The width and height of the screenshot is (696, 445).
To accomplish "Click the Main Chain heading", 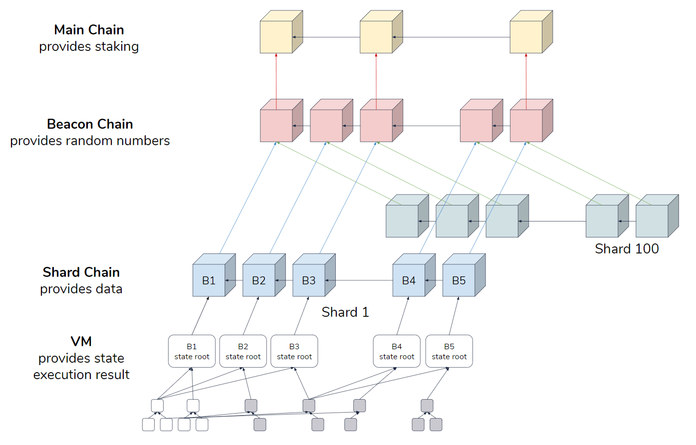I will [89, 30].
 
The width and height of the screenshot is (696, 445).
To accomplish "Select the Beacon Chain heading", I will [90, 124].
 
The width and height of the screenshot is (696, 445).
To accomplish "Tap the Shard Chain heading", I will [81, 272].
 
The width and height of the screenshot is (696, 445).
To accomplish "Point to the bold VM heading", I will [81, 341].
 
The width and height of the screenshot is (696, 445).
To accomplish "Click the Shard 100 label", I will [627, 248].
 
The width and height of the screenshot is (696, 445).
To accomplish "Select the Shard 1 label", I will [345, 312].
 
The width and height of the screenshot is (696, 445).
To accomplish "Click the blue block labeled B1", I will [209, 280].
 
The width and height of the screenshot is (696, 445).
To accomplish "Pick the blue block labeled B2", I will [259, 280].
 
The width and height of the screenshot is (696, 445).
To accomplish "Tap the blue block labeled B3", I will [309, 280].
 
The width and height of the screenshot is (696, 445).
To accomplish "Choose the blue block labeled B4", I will [409, 280].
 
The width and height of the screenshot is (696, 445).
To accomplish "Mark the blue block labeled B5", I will [459, 280].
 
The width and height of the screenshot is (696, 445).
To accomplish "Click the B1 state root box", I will [192, 351].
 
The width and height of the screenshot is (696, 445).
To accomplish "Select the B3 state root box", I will [294, 351].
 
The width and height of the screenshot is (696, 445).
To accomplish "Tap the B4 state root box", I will [397, 351].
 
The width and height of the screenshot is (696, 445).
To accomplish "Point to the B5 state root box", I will [449, 351].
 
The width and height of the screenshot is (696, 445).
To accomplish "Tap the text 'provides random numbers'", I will [90, 141].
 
